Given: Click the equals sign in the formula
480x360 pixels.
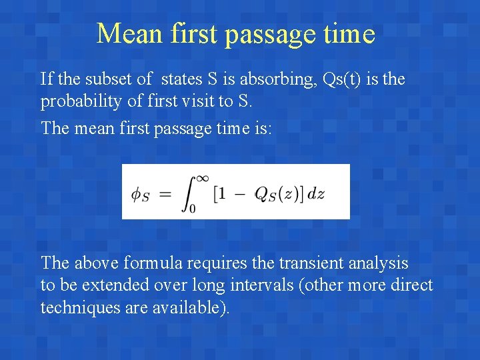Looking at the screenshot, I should coord(165,193).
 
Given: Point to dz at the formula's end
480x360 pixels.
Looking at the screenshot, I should coord(316,194).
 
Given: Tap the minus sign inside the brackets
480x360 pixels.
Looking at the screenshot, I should coord(242,193).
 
